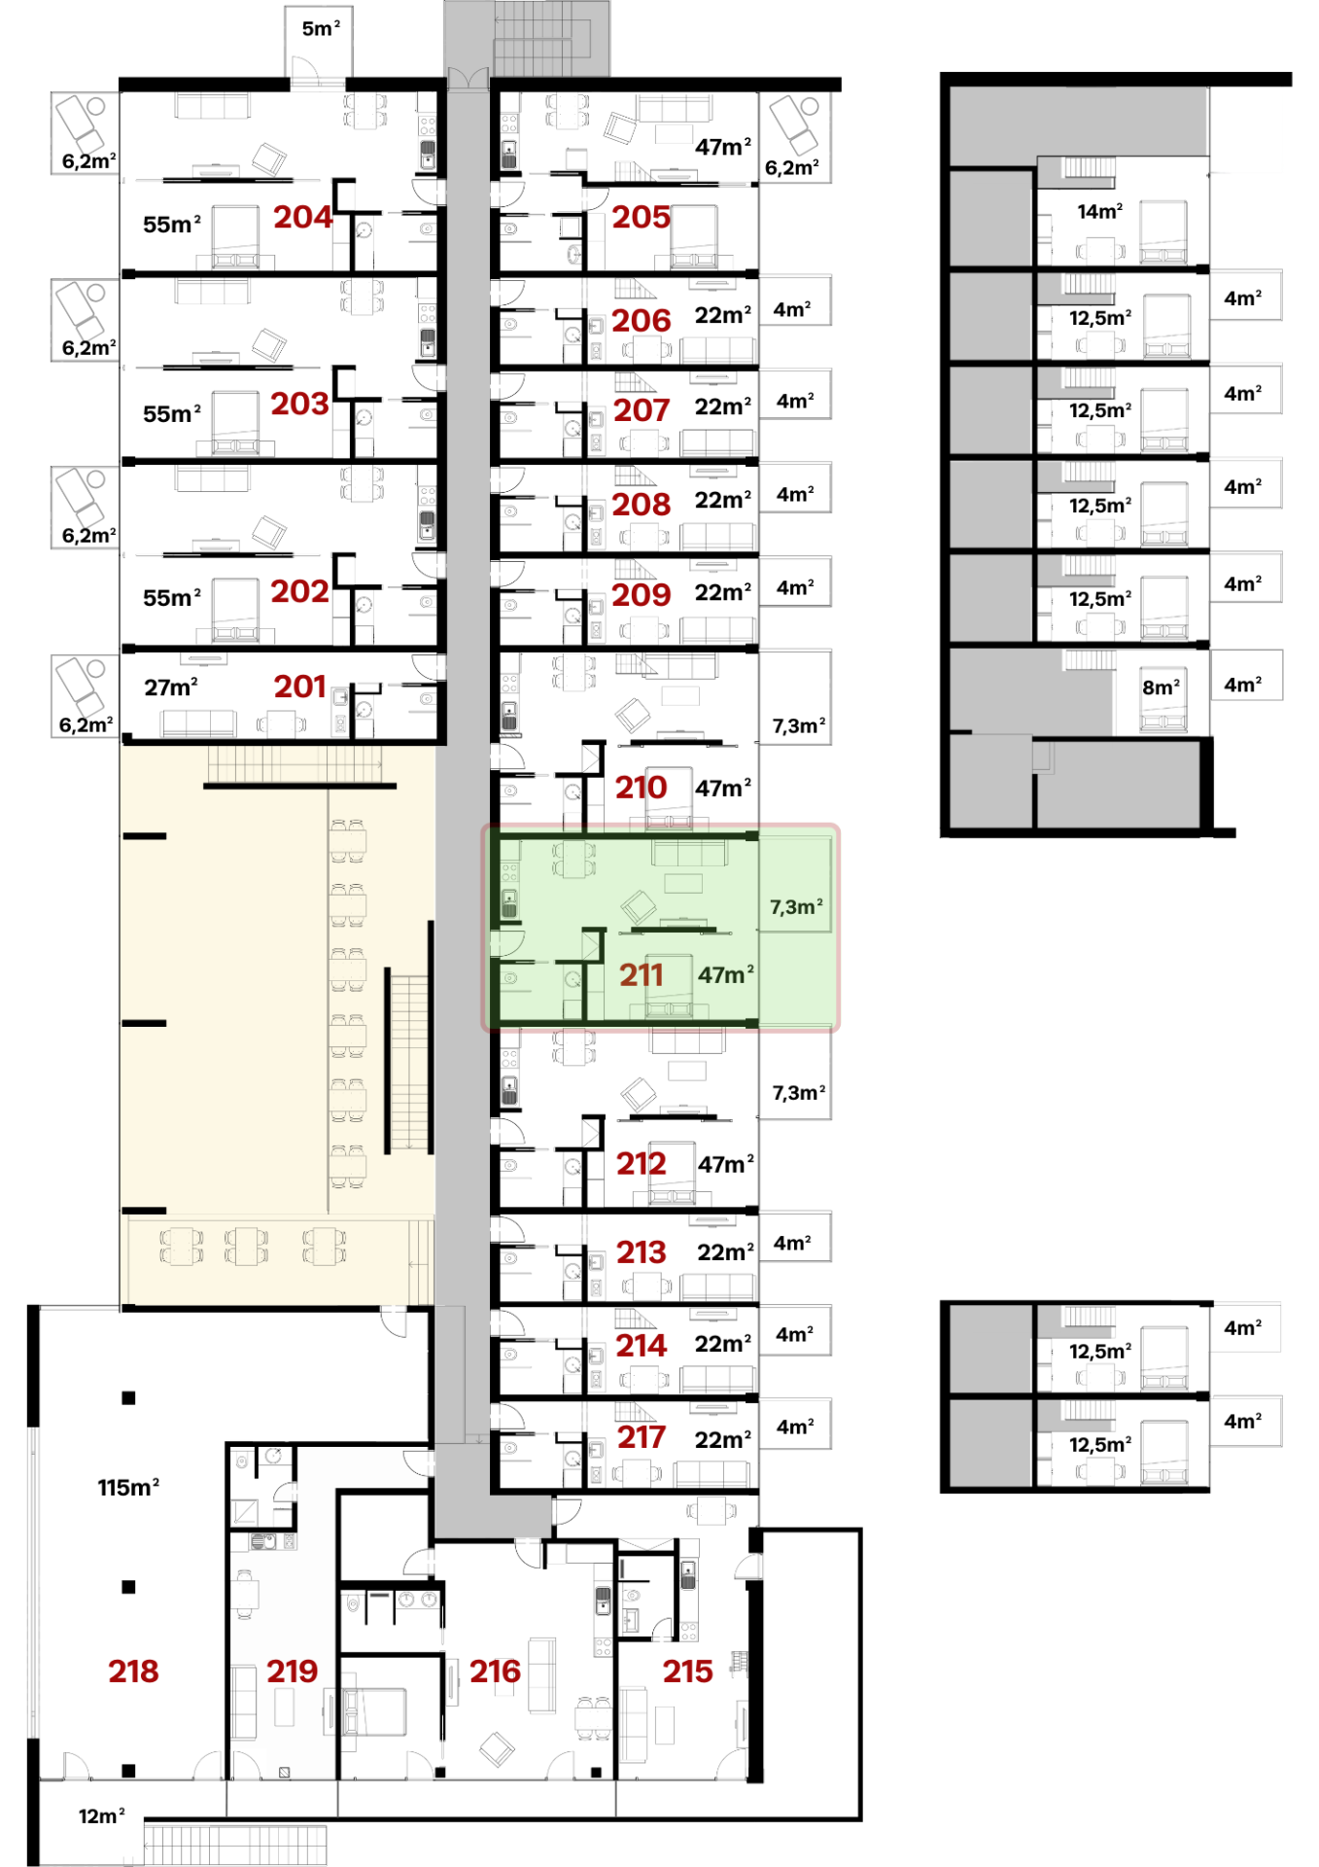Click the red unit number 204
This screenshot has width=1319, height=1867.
click(303, 217)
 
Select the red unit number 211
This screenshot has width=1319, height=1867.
click(642, 974)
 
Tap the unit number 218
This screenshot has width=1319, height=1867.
click(133, 1671)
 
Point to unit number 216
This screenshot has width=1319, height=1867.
click(495, 1671)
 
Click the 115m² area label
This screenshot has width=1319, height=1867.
click(128, 1487)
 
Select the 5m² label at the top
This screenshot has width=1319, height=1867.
click(321, 28)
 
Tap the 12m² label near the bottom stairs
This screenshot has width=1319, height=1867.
click(102, 1815)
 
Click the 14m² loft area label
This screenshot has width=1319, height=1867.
click(1100, 211)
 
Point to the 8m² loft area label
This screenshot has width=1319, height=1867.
click(1162, 687)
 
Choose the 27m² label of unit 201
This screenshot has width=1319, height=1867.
click(171, 687)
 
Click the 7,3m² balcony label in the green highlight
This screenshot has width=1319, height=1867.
click(797, 906)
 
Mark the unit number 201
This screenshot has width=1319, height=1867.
click(299, 687)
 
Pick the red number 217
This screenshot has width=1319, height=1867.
click(642, 1436)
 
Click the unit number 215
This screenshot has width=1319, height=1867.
click(688, 1671)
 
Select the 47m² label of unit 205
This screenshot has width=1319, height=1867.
click(723, 147)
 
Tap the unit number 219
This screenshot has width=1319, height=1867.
click(293, 1671)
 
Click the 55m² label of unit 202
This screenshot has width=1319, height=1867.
click(172, 597)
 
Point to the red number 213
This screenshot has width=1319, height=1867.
click(642, 1251)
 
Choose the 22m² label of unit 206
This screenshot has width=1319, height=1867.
click(723, 315)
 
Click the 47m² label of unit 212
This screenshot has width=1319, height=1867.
click(726, 1164)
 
